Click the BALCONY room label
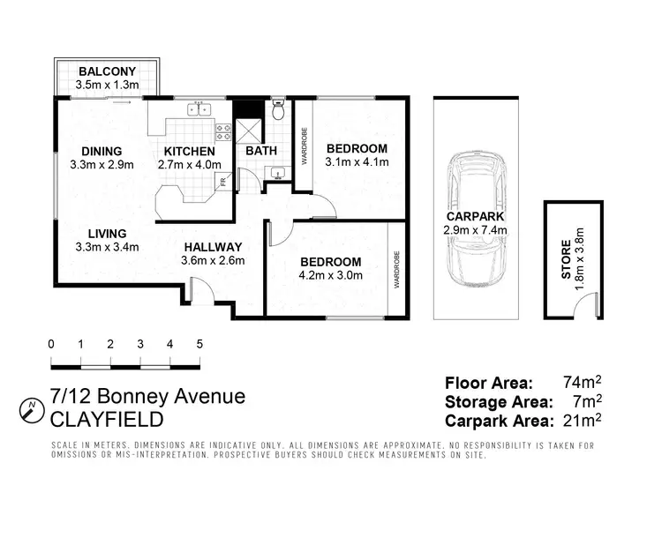click(106, 71)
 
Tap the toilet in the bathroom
click(278, 110)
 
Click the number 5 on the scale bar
click(199, 344)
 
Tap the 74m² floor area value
click(582, 383)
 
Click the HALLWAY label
click(213, 246)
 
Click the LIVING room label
click(108, 233)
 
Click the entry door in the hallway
click(200, 291)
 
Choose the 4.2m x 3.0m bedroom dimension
click(330, 275)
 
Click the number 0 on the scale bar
click(51, 344)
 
